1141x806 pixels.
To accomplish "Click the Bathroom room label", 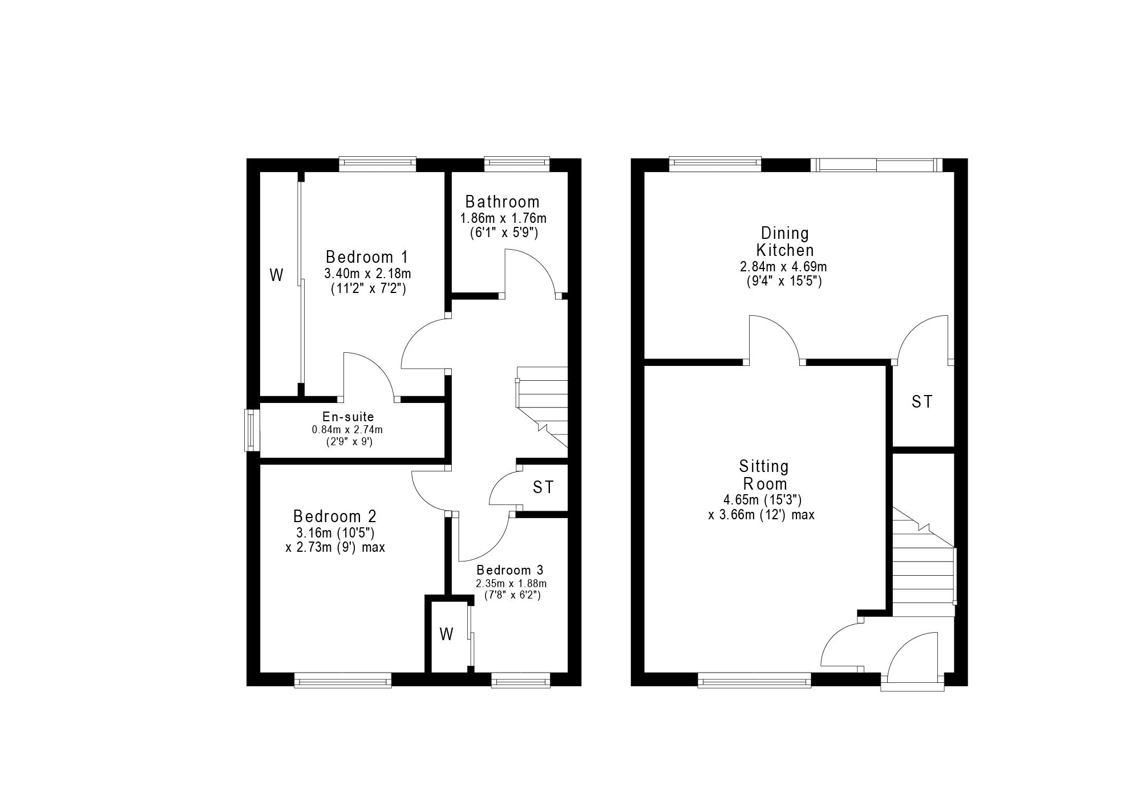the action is pos(502,202).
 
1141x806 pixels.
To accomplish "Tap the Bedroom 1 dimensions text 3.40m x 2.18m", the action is pos(367,274).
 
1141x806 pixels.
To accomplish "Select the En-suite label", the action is pos(347,417).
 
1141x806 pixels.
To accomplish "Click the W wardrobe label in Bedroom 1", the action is pos(276,275).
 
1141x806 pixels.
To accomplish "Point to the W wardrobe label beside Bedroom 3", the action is pos(446,634).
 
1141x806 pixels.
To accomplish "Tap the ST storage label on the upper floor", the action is pos(543,487).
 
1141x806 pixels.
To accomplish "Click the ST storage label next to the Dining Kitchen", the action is pos(922,402).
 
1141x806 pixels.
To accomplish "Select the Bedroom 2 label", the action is pos(335,516).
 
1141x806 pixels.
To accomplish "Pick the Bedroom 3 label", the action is pos(510,570).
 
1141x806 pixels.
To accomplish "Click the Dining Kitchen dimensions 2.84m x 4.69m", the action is pos(783,267).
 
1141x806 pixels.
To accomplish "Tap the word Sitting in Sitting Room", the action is pos(764,466).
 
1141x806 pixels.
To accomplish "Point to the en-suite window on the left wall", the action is pos(252,430).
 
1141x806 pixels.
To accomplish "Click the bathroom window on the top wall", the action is pos(517,164).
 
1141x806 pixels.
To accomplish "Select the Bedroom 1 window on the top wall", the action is pos(377,164).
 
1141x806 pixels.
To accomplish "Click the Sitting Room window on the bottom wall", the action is pos(754,679).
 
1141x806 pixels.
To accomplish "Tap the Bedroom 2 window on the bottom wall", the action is pos(343,679).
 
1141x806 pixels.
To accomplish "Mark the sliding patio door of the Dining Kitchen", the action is pos(876,165).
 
